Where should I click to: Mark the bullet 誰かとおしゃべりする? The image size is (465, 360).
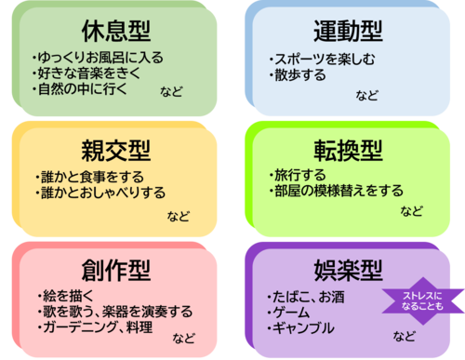tap(100, 193)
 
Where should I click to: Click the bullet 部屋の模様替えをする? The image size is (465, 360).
tap(336, 191)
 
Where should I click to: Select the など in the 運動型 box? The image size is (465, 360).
tap(367, 95)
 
